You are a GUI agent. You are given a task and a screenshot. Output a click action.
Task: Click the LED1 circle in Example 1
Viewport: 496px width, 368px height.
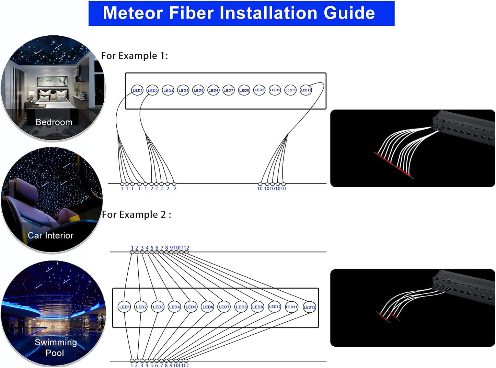(x=137, y=90)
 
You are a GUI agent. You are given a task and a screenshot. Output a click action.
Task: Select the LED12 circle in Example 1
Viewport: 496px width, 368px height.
(x=306, y=90)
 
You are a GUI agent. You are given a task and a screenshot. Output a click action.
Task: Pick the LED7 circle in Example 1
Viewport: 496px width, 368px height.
(x=228, y=90)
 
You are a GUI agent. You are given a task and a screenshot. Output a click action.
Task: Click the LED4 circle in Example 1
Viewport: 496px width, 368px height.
(x=183, y=90)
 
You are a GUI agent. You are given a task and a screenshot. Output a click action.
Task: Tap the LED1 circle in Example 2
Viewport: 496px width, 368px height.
(x=124, y=307)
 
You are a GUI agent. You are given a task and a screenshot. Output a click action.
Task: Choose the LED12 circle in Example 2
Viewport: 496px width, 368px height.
(x=309, y=307)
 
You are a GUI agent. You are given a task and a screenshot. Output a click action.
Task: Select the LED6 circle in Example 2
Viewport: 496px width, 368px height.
(x=208, y=307)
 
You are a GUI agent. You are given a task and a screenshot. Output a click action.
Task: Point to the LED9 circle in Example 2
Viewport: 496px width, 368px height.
(x=257, y=307)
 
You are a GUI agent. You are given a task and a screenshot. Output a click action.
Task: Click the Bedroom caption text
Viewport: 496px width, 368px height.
(x=54, y=122)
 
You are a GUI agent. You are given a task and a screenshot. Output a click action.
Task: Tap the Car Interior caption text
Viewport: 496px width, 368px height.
(x=50, y=235)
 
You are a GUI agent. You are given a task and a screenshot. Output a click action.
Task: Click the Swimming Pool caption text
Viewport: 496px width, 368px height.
(x=55, y=347)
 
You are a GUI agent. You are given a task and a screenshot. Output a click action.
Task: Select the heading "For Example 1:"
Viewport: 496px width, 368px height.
(x=135, y=56)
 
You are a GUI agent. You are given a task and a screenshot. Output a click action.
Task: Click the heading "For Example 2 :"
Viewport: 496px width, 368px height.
(x=136, y=214)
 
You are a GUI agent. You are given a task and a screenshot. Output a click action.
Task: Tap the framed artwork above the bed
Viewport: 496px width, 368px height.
(x=53, y=81)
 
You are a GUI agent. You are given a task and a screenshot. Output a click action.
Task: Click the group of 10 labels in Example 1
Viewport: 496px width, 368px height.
(x=272, y=189)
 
